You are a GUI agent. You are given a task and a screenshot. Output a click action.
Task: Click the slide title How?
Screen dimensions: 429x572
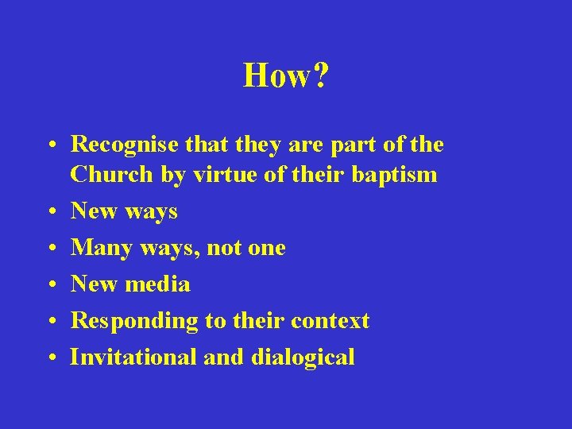(x=286, y=76)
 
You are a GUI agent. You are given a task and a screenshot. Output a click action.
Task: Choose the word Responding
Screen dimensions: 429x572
(x=126, y=321)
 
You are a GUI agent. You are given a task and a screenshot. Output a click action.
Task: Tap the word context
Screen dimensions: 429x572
(x=330, y=320)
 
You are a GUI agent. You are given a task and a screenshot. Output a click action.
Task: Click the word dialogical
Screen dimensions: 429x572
(x=303, y=357)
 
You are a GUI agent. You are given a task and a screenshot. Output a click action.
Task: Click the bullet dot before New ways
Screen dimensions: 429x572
(x=51, y=212)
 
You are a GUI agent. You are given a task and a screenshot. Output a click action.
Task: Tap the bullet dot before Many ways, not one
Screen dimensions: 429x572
(x=51, y=249)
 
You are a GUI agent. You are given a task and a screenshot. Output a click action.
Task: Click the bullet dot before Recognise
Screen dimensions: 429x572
(x=51, y=145)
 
